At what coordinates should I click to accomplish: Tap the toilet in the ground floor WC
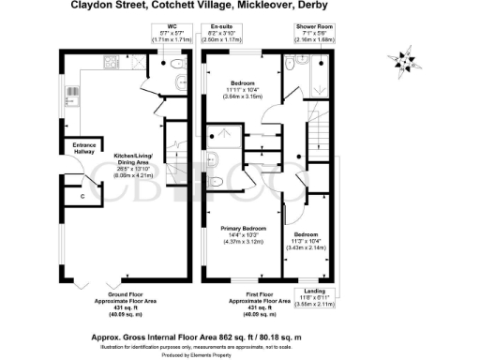point(175,65)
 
